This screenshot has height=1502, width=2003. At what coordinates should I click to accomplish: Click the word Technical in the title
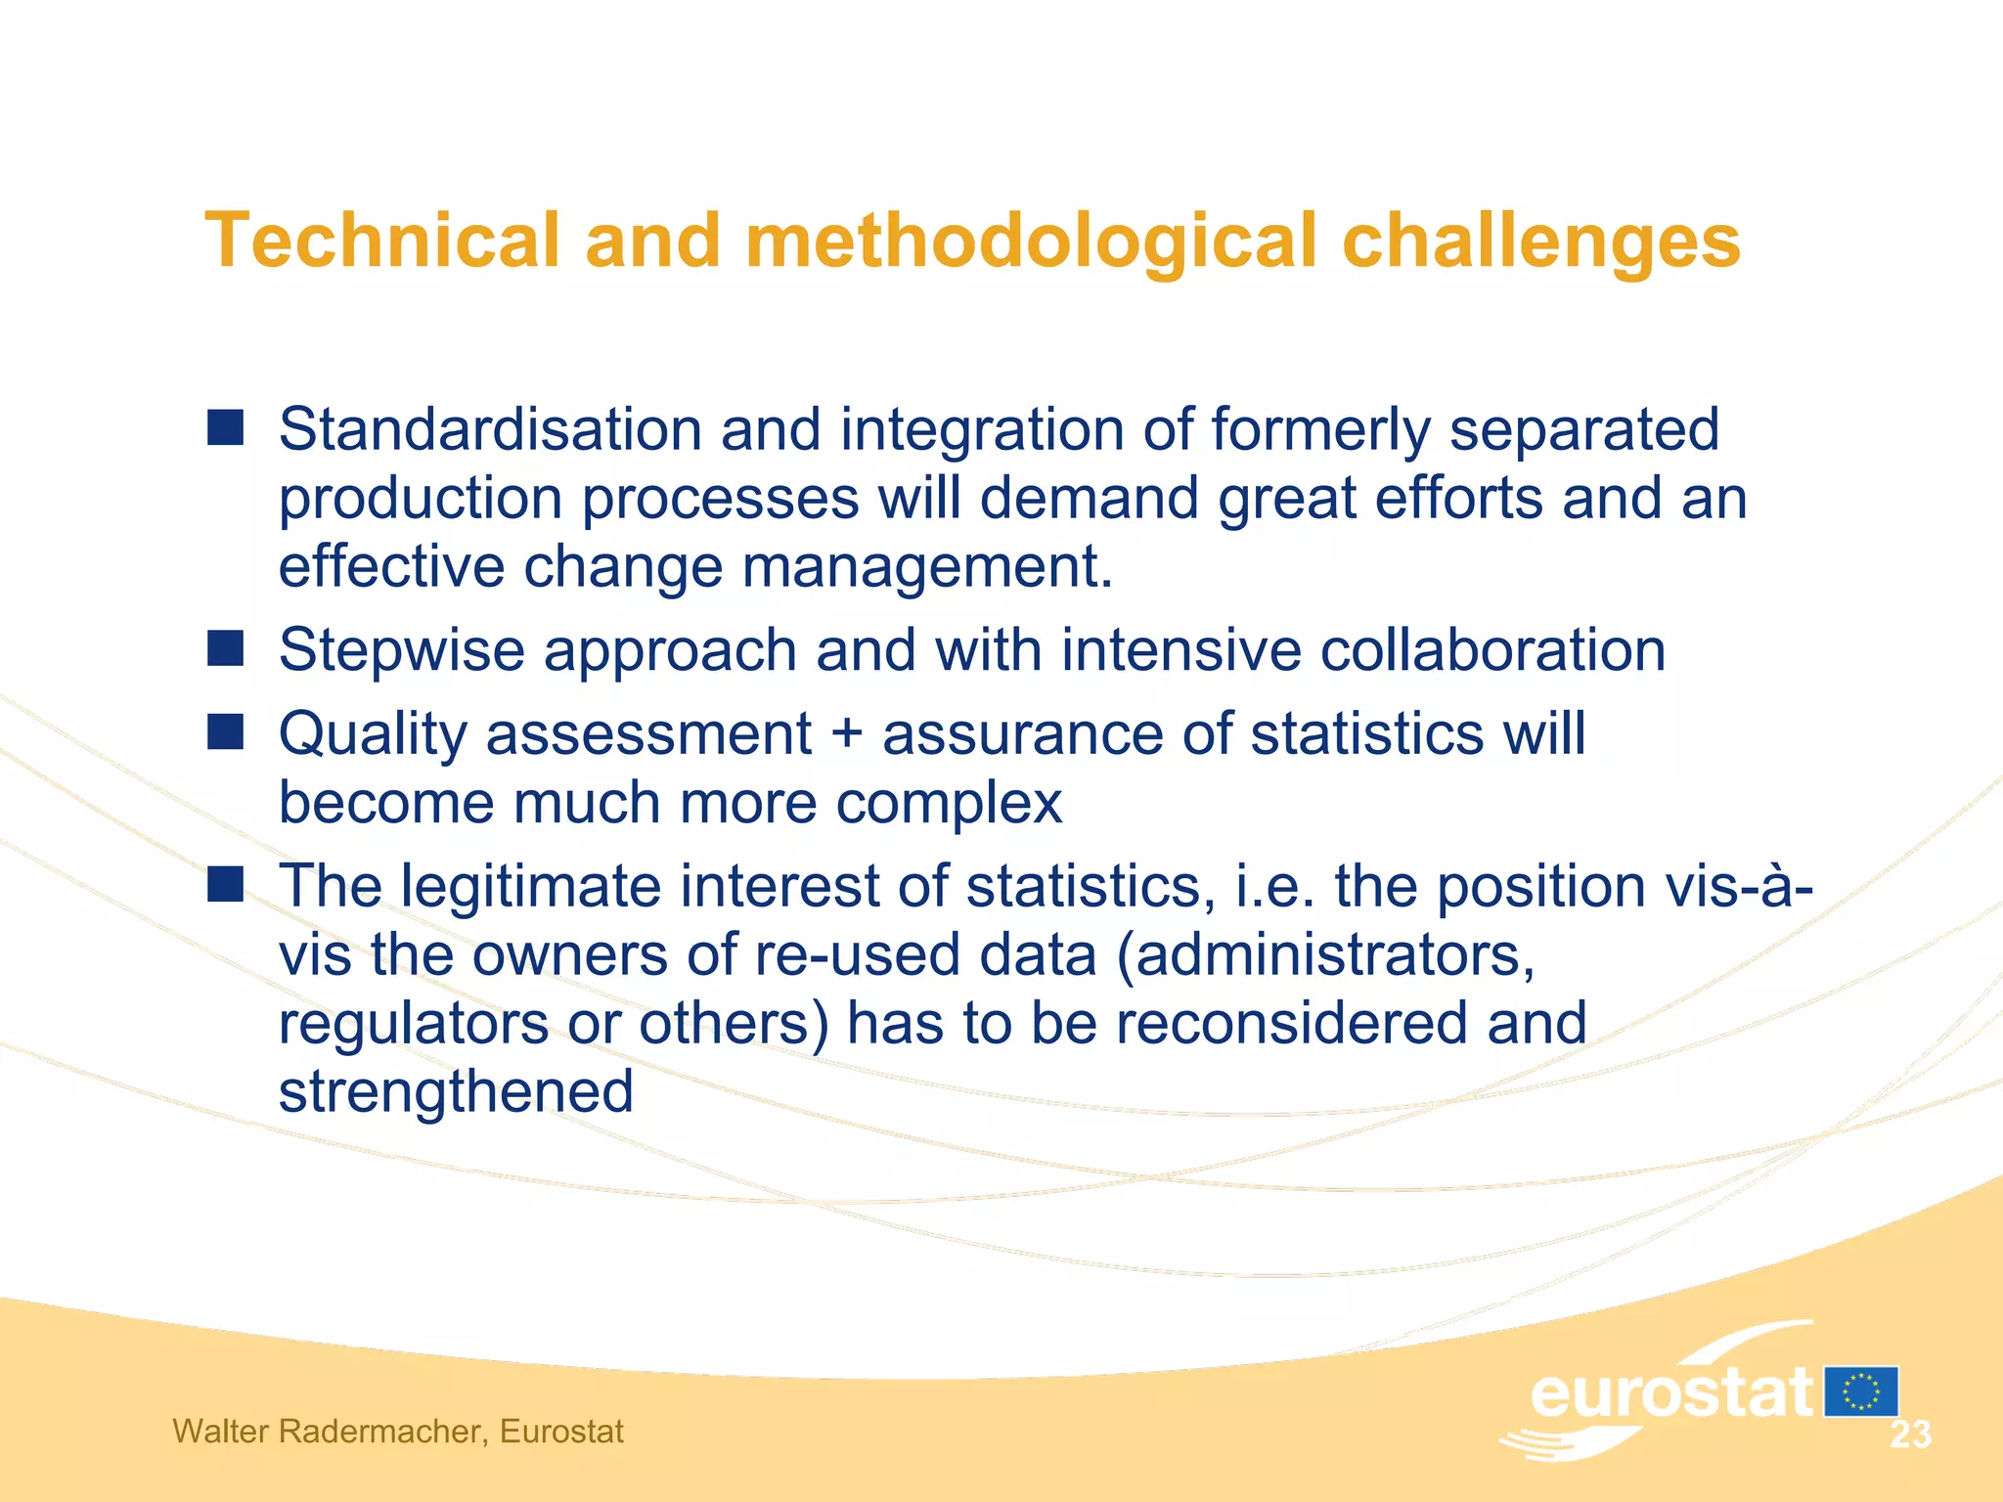coord(381,241)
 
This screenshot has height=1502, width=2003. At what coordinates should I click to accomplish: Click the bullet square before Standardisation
coord(226,428)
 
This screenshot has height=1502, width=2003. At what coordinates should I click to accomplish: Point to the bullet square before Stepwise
coord(226,648)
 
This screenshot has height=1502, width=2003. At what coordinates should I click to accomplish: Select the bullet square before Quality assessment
coord(226,731)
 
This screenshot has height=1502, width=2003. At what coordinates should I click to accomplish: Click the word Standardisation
coord(490,429)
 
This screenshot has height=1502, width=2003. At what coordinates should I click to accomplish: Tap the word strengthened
coord(456,1092)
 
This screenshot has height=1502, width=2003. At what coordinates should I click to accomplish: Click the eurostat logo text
coord(1670,1392)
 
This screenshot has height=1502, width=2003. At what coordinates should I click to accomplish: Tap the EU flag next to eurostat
coord(1860,1392)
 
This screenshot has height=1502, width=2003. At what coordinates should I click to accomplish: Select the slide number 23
coord(1910,1435)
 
